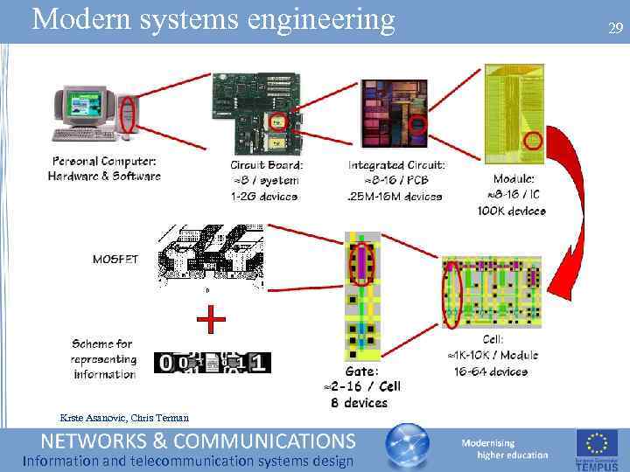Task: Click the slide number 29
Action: tap(615, 29)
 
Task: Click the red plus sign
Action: tap(211, 321)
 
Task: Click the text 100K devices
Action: tap(512, 211)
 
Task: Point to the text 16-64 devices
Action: tap(491, 371)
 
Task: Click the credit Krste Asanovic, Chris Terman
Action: tap(123, 417)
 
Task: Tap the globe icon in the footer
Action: tap(408, 448)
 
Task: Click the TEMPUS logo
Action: tap(597, 448)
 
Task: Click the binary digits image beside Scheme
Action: tap(213, 362)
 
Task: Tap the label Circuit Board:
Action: tap(267, 164)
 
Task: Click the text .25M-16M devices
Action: tap(395, 196)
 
